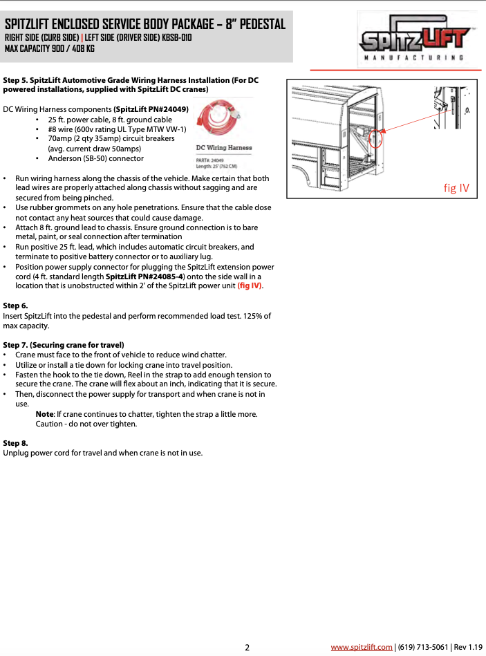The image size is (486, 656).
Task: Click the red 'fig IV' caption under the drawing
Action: point(456,187)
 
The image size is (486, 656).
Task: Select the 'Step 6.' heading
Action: point(16,305)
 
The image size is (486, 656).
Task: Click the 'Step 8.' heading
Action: point(16,442)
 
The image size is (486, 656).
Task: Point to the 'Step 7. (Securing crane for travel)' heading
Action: point(64,344)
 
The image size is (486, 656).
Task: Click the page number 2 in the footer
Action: point(247,647)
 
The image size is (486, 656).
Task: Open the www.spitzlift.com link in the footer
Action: point(362,647)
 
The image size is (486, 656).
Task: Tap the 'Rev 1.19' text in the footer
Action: point(468,647)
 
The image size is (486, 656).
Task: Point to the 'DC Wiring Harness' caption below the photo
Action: point(224,147)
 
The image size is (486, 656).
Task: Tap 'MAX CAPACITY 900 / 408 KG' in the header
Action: point(50,48)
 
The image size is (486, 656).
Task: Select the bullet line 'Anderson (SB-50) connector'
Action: point(95,158)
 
